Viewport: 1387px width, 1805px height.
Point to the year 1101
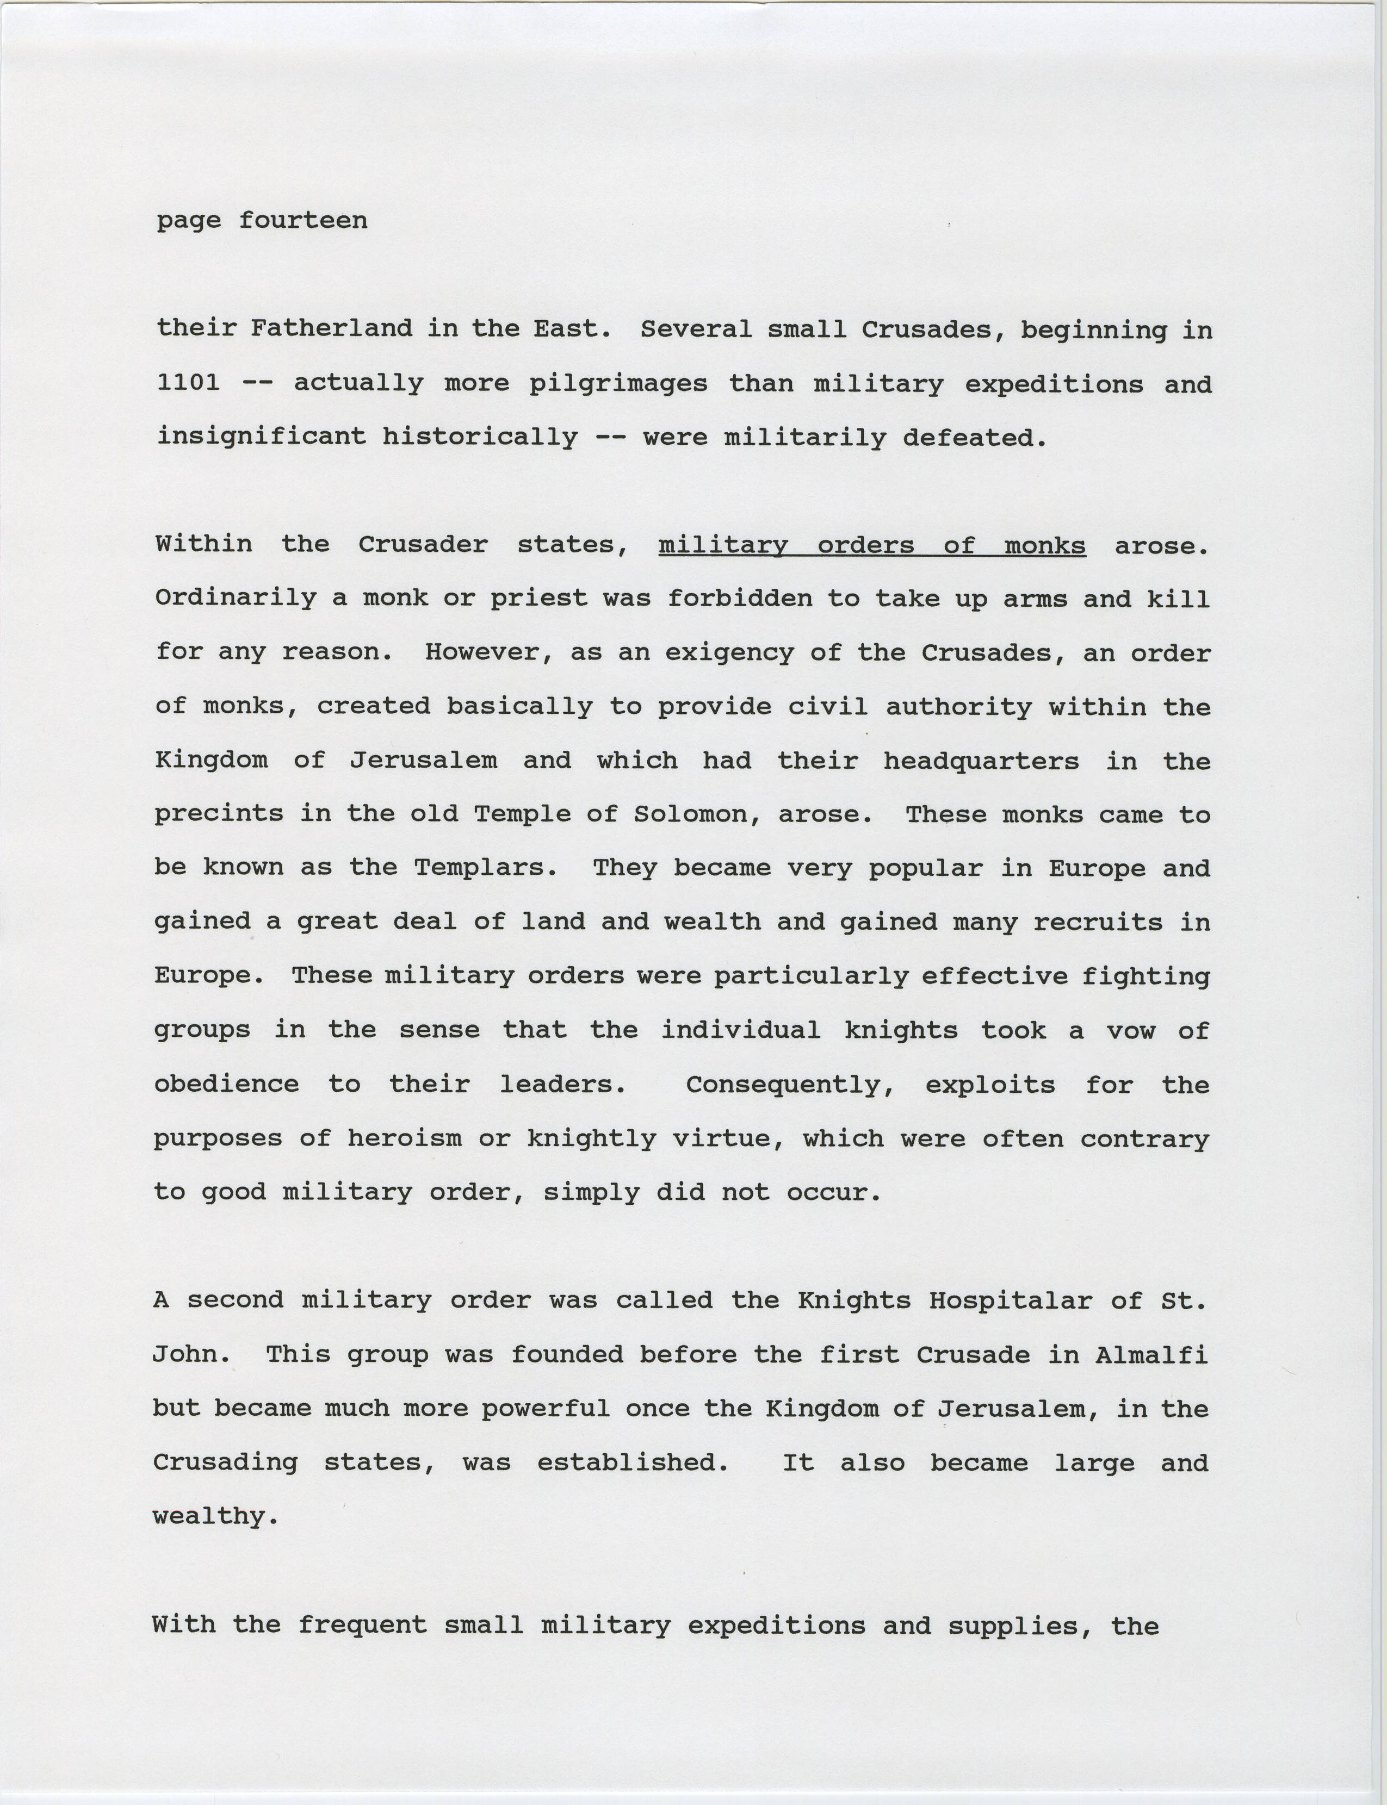click(188, 383)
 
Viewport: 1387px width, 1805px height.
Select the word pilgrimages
click(618, 384)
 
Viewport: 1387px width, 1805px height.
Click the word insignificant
click(261, 436)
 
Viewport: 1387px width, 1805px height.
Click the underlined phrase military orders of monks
click(872, 545)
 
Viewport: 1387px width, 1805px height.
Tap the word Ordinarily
click(236, 597)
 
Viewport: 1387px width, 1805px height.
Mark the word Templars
click(485, 867)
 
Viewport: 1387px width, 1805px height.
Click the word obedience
click(226, 1084)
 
